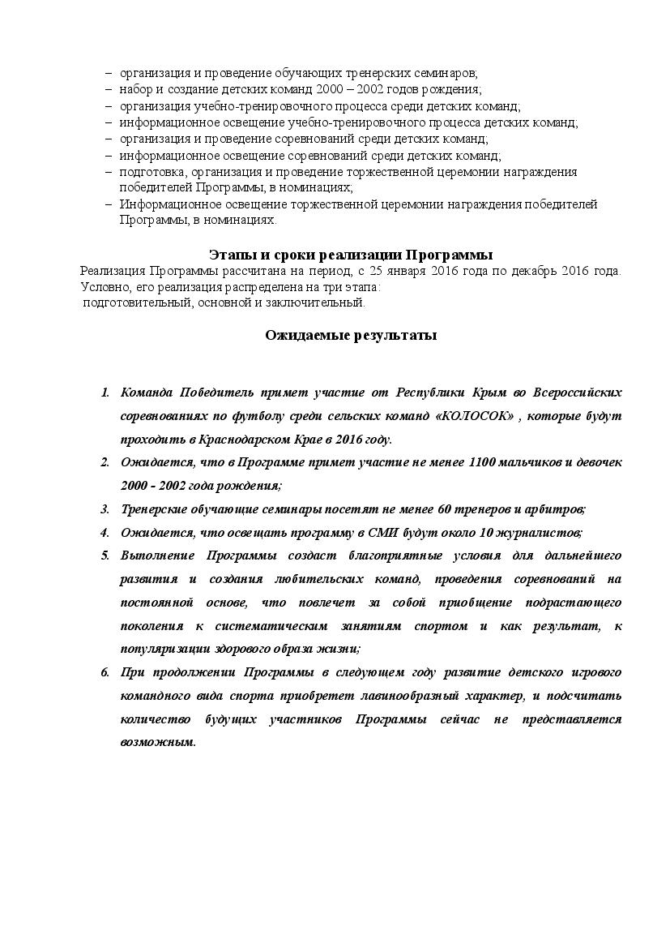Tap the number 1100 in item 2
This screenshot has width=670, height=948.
pyautogui.click(x=483, y=463)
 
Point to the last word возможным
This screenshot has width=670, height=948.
pyautogui.click(x=158, y=743)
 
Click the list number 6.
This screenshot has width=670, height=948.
pyautogui.click(x=105, y=673)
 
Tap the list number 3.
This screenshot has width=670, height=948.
pyautogui.click(x=105, y=509)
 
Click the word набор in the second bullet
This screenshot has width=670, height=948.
pyautogui.click(x=134, y=90)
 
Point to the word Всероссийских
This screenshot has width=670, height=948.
pyautogui.click(x=578, y=393)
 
